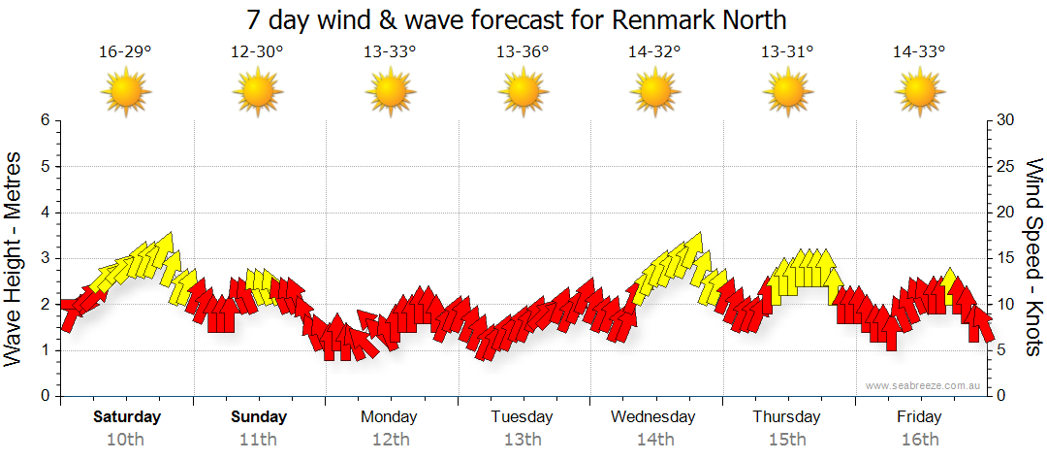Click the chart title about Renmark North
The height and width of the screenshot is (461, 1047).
(x=523, y=19)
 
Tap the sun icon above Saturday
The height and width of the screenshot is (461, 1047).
(x=126, y=93)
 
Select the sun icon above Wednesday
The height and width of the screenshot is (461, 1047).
(x=655, y=93)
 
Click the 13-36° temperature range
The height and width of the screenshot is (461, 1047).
(x=523, y=51)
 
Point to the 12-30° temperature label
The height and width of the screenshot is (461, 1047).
(x=257, y=51)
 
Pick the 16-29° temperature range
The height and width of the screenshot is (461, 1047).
(x=125, y=51)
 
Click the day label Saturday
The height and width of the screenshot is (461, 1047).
(x=127, y=417)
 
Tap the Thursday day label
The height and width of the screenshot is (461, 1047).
(x=786, y=417)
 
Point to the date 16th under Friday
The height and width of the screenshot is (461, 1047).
(x=919, y=440)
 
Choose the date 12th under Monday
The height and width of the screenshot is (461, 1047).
(x=390, y=440)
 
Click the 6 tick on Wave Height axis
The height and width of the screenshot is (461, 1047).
(x=44, y=120)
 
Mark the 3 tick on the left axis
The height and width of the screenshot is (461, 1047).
(x=44, y=258)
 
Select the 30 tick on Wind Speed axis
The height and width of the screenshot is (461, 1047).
(x=1005, y=120)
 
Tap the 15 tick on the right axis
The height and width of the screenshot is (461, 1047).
(x=1005, y=258)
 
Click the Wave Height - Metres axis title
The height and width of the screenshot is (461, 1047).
(x=15, y=258)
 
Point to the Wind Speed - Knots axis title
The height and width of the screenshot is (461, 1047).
(x=1033, y=258)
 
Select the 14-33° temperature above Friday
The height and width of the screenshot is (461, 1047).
(x=919, y=51)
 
